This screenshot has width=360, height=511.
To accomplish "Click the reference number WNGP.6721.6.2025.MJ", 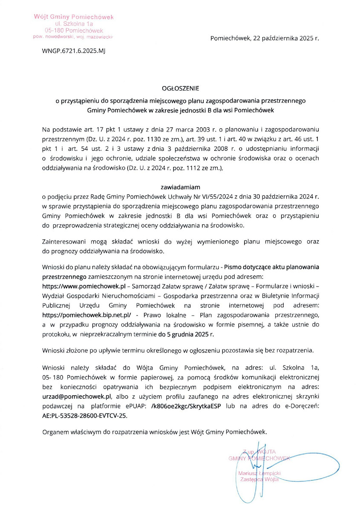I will tap(73, 50).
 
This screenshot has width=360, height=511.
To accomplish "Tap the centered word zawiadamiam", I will tap(181, 187).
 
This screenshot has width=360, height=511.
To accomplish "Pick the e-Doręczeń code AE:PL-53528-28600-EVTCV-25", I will tap(84, 416).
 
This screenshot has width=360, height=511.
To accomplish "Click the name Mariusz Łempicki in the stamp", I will tap(260, 473).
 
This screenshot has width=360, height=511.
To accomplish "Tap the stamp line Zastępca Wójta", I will tap(259, 479).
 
